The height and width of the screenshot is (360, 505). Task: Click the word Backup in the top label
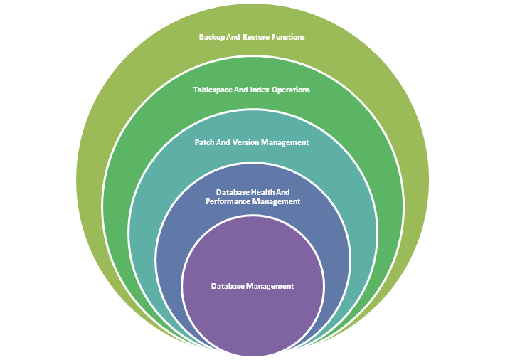(x=212, y=37)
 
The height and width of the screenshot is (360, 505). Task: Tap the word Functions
(x=289, y=37)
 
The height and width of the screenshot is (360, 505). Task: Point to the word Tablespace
(x=216, y=90)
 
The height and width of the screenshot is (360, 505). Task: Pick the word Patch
(x=205, y=142)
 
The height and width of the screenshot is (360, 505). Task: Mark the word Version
(x=246, y=142)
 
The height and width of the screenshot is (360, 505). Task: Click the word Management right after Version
(x=286, y=142)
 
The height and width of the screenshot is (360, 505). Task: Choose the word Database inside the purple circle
(x=228, y=286)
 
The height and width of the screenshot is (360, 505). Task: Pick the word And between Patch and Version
(x=224, y=142)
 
